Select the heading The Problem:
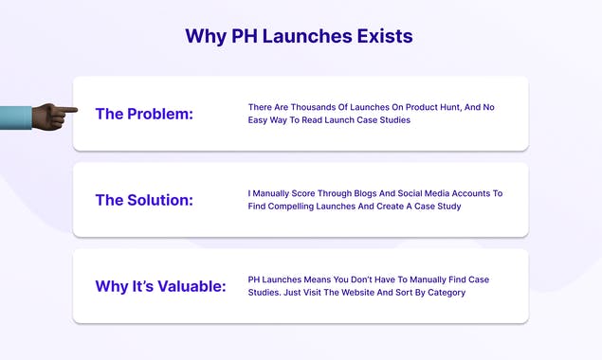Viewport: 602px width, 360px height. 144,114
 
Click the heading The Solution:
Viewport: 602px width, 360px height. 144,200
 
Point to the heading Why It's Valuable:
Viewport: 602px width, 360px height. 160,286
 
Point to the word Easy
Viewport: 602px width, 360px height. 261,120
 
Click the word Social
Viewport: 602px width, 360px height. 422,193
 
